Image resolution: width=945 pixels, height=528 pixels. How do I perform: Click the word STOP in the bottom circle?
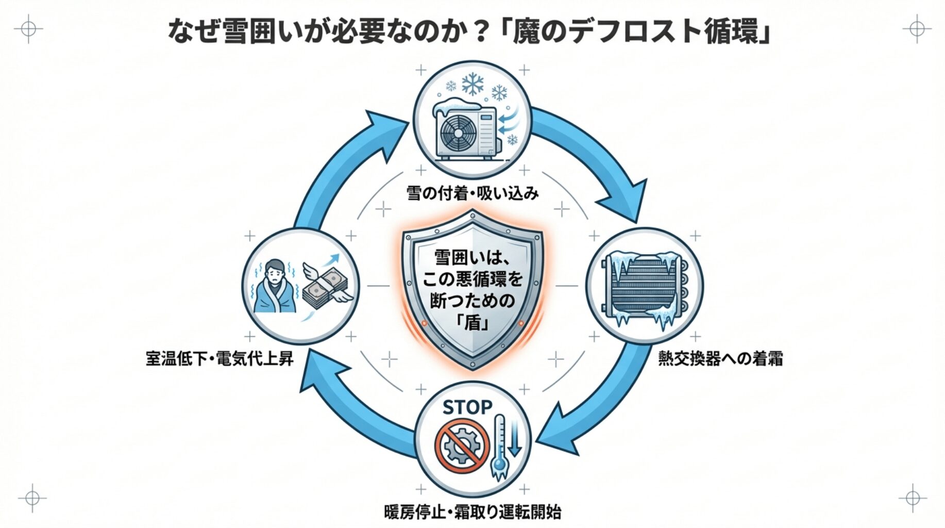tap(467, 407)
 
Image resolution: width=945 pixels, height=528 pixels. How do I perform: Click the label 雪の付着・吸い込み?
tap(472, 193)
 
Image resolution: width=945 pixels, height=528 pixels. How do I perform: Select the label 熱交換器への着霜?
tap(720, 358)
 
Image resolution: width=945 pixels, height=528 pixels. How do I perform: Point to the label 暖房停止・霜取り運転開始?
tap(472, 512)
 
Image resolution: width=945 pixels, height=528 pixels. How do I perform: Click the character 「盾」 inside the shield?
tap(472, 322)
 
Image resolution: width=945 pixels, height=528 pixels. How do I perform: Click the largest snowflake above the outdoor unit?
tap(472, 84)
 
